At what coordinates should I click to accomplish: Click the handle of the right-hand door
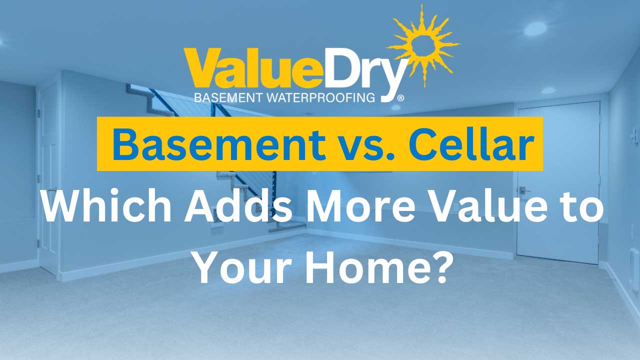point(522,189)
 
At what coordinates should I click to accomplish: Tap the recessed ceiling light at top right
point(534,28)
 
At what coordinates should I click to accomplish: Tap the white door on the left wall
point(48,180)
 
